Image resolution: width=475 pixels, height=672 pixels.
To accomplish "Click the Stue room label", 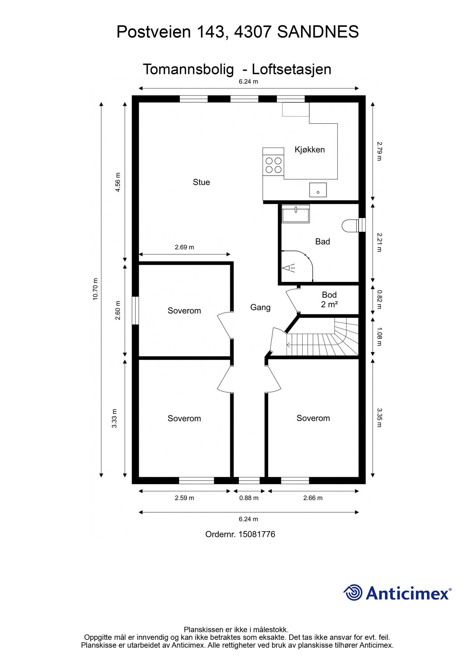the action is pos(201,182).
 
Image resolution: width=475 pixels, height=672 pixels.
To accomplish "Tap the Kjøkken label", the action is pos(310,149).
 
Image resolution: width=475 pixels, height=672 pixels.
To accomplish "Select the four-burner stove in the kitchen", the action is pos(273,165).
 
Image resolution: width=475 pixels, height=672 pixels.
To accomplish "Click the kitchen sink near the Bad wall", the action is pos(318,190).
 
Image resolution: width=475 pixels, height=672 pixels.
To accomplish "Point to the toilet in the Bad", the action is pos(350,225).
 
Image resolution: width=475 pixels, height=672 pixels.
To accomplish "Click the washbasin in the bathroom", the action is pos(296,214).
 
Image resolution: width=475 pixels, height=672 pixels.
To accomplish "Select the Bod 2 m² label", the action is pos(329,300).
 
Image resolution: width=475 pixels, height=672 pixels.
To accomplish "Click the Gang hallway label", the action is pos(260,307).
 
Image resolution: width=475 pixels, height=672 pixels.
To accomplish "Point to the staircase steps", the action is pos(322,337).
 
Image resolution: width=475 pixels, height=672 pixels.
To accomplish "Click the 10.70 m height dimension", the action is pos(96,289).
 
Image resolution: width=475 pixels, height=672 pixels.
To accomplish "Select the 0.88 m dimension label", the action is pos(249,498).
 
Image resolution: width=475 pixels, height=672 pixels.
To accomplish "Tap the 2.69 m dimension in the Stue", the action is pos(184,247).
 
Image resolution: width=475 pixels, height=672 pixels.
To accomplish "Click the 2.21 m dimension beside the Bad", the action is pos(379,242).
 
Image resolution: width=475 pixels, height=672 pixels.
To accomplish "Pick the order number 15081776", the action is pos(257,534).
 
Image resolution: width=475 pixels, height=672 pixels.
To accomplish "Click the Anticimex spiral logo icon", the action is pos(353,592).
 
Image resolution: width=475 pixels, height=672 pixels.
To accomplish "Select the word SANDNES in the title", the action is pos(318,32).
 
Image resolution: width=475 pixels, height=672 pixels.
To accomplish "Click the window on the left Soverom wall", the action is pos(135,311).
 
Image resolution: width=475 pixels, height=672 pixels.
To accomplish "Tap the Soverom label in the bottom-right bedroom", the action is pos(313,418).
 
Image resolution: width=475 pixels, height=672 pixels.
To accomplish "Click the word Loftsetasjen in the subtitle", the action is pos(291,69).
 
